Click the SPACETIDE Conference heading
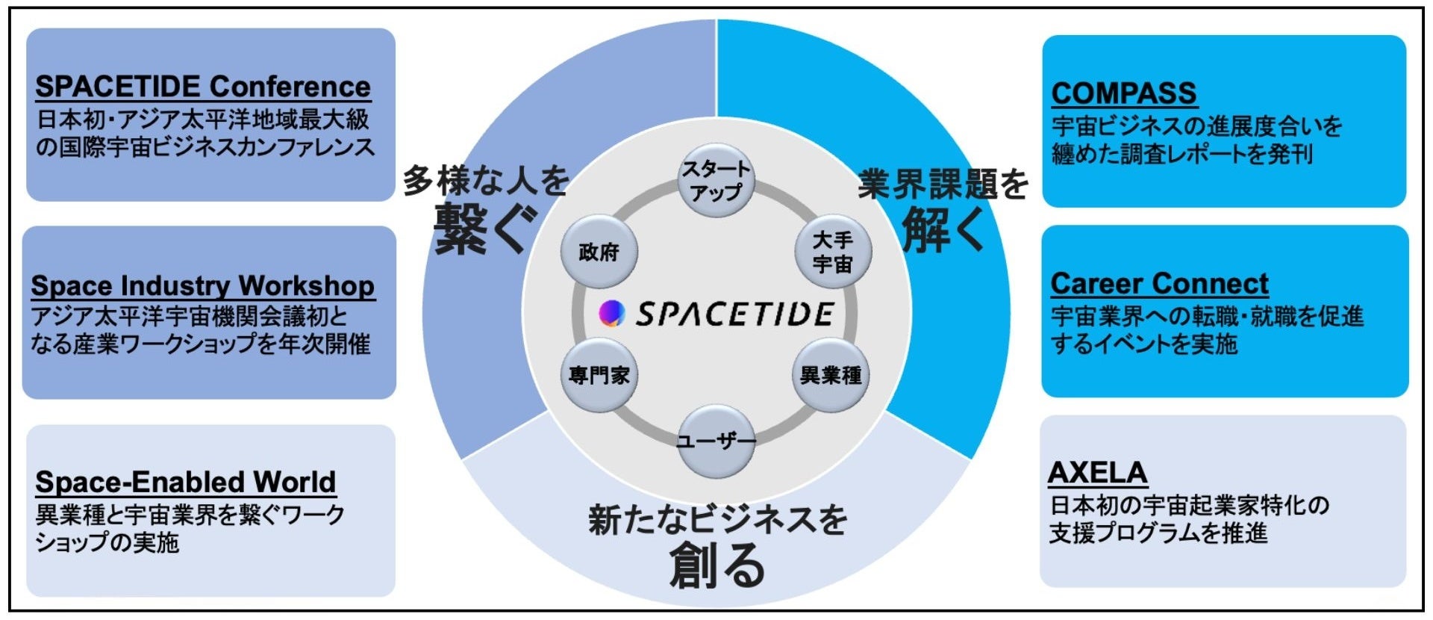(202, 87)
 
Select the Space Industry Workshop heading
(202, 285)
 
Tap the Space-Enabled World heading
(185, 482)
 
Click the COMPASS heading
(1123, 93)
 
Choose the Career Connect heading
(1159, 284)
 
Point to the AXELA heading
(1097, 473)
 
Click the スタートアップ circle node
(716, 180)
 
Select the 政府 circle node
(599, 252)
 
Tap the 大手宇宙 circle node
(832, 252)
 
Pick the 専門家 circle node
(599, 375)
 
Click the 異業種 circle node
(830, 375)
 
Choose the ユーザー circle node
(716, 441)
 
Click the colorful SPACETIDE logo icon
(612, 314)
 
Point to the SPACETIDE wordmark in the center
(734, 314)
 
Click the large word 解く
(943, 230)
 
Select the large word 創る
(716, 565)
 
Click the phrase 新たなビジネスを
(717, 520)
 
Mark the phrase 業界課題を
(943, 184)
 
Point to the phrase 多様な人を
(486, 181)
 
